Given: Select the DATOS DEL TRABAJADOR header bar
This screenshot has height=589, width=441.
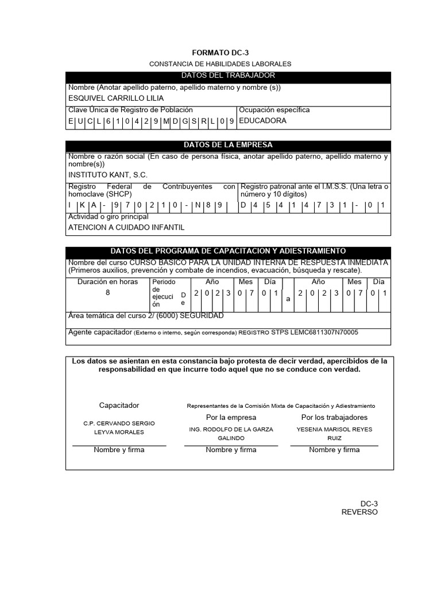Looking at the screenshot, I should (228, 76).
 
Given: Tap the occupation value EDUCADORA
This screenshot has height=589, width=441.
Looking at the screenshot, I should (262, 121).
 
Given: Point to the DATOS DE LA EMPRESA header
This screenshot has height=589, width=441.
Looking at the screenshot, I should (228, 145).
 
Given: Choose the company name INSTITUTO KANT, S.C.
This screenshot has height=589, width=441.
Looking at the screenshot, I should (108, 175).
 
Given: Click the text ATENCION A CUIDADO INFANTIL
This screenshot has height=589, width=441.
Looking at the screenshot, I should (126, 228).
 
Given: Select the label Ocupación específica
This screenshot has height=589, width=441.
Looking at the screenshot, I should (274, 110).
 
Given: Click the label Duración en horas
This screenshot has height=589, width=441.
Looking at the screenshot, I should (107, 282).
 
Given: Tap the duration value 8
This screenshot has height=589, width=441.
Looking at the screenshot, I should (107, 293).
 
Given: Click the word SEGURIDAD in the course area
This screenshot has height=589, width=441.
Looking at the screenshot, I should (204, 316).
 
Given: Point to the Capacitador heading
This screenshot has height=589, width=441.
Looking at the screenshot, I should (119, 406).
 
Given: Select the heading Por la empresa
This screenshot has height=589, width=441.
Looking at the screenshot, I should (231, 418).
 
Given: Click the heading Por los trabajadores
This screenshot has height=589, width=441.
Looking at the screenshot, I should (334, 418).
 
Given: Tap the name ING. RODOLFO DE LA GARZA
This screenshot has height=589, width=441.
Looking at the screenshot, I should (231, 430).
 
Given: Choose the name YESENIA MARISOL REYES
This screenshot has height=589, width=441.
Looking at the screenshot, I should (334, 430).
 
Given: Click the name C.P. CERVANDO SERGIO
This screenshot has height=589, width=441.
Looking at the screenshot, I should (119, 423).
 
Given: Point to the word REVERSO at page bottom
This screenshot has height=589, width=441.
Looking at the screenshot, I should (359, 512).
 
